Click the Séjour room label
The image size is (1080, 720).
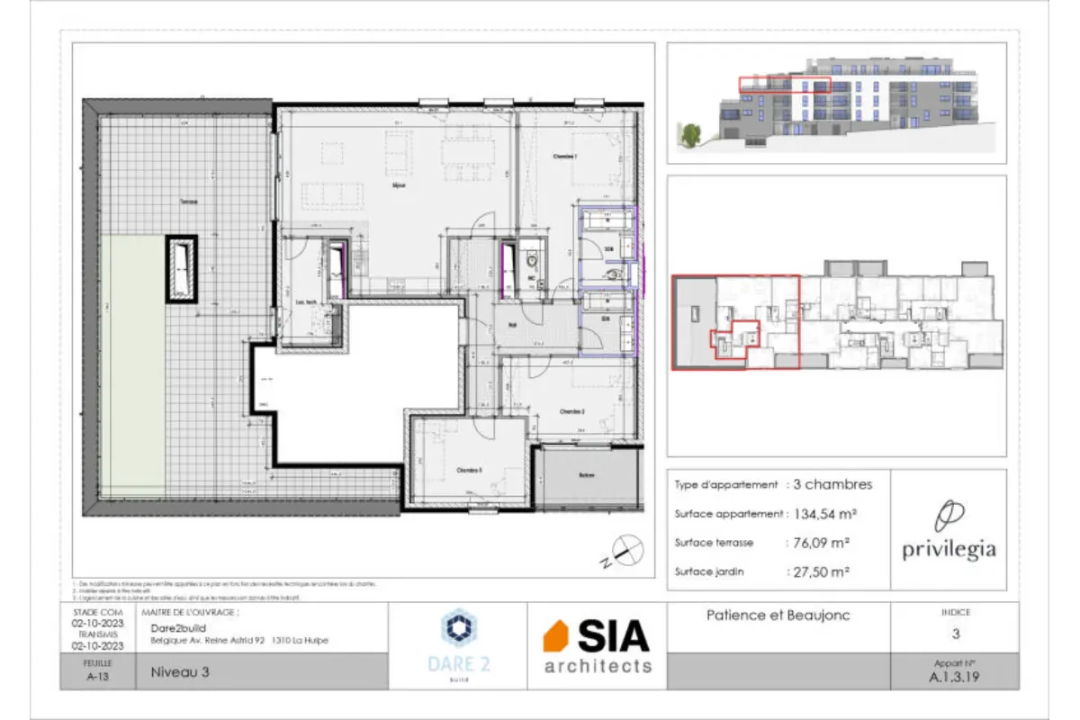[399, 185]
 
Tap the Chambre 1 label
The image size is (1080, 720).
[564, 157]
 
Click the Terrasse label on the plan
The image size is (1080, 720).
[189, 201]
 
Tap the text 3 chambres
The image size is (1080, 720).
[832, 484]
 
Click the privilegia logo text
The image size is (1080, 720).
[949, 550]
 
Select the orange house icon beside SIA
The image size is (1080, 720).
[556, 637]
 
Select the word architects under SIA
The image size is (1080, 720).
[598, 666]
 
